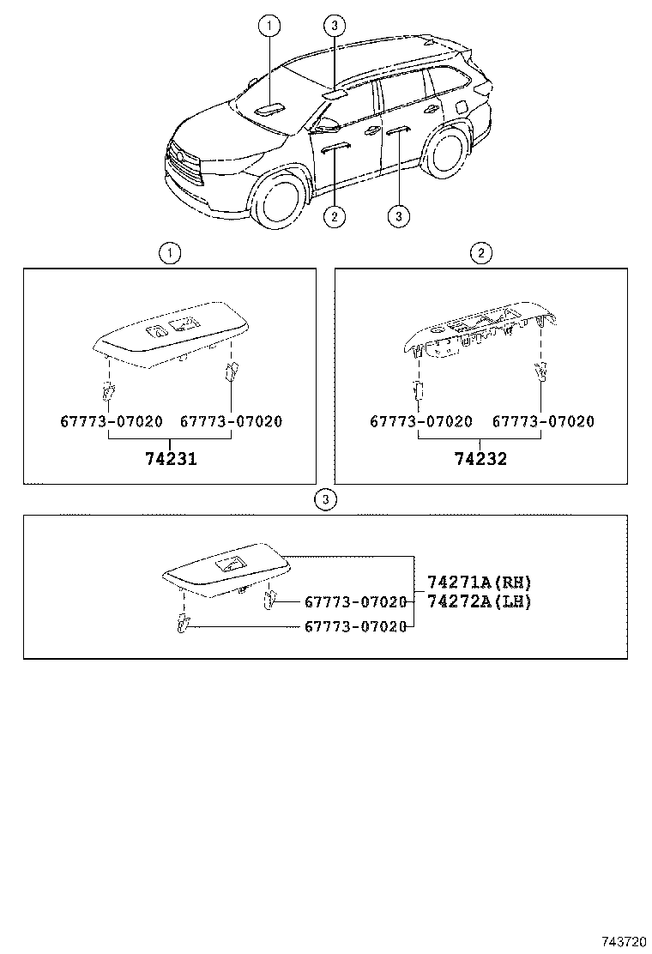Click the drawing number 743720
point(621,942)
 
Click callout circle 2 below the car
point(335,216)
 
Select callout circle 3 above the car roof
point(335,25)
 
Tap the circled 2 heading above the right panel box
point(480,252)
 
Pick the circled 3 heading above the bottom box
point(324,499)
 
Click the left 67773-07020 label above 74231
point(111,421)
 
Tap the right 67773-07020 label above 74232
point(542,421)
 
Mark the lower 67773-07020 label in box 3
point(354,627)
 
